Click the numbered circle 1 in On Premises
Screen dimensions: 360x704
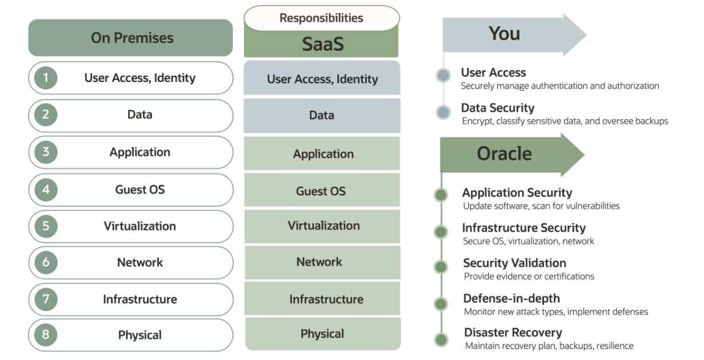pyautogui.click(x=46, y=78)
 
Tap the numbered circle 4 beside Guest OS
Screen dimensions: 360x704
pyautogui.click(x=46, y=189)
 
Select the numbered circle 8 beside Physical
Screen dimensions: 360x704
pyautogui.click(x=46, y=335)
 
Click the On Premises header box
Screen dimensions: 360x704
pyautogui.click(x=131, y=38)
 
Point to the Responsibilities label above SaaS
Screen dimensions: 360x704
pyautogui.click(x=321, y=18)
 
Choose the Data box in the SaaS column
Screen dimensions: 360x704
pyautogui.click(x=322, y=115)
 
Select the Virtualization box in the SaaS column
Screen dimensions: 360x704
pyautogui.click(x=323, y=226)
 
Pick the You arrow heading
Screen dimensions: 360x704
pyautogui.click(x=505, y=34)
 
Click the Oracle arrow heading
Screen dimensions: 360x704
pyautogui.click(x=504, y=154)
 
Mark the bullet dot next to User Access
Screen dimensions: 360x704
pyautogui.click(x=443, y=75)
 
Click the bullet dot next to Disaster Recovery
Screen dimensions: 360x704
pyautogui.click(x=441, y=339)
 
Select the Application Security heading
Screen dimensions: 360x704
pyautogui.click(x=517, y=193)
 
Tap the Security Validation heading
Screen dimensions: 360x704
pyautogui.click(x=514, y=263)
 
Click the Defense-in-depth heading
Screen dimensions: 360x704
pyautogui.click(x=511, y=298)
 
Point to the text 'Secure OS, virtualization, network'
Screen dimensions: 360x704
pyautogui.click(x=528, y=241)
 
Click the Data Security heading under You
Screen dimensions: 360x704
pyautogui.click(x=497, y=108)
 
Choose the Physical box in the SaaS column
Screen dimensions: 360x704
pyautogui.click(x=322, y=334)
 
